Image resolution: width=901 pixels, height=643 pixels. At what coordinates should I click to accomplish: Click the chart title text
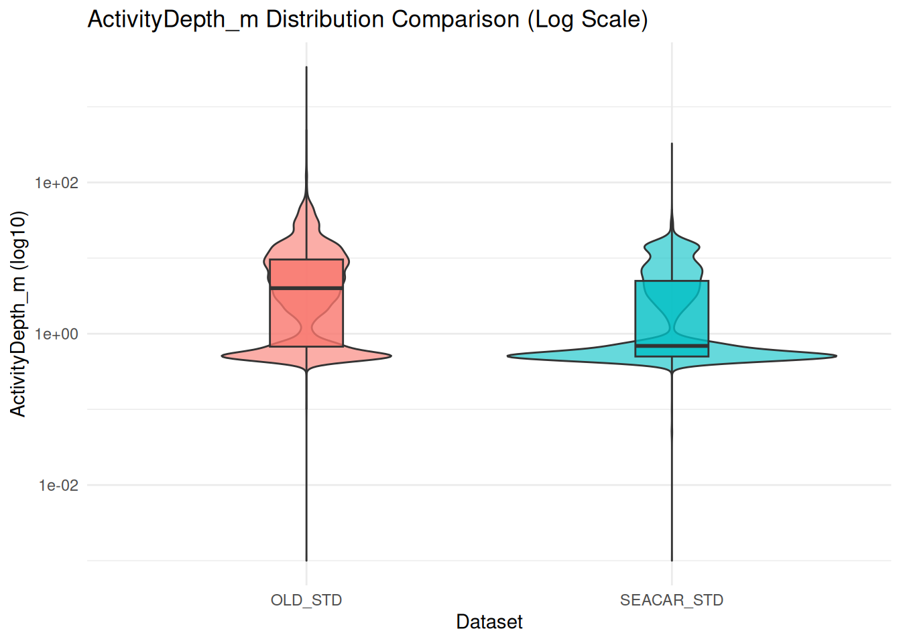pyautogui.click(x=367, y=19)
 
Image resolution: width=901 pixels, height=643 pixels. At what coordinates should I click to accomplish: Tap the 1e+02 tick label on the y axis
pyautogui.click(x=57, y=183)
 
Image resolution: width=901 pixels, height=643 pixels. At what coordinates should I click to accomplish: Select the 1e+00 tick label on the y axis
pyautogui.click(x=57, y=334)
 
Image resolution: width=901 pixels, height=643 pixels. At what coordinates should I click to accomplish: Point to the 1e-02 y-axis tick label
pyautogui.click(x=58, y=486)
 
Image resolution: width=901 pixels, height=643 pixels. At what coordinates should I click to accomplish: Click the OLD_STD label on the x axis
pyautogui.click(x=306, y=600)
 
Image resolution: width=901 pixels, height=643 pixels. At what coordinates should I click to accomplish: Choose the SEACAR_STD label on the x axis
pyautogui.click(x=672, y=600)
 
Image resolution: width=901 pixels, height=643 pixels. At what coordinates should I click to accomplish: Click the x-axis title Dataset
pyautogui.click(x=489, y=622)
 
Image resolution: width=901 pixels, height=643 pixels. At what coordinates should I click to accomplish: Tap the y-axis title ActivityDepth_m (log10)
pyautogui.click(x=18, y=314)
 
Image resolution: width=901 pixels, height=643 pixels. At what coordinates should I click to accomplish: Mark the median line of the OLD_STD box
pyautogui.click(x=306, y=288)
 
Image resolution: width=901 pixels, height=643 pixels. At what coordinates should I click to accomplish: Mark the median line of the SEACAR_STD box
pyautogui.click(x=672, y=346)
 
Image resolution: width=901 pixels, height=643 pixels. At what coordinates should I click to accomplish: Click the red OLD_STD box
pyautogui.click(x=306, y=315)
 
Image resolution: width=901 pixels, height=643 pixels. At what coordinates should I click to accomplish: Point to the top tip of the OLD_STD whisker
pyautogui.click(x=306, y=67)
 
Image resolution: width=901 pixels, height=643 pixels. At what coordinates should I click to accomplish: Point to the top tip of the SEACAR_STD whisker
pyautogui.click(x=672, y=143)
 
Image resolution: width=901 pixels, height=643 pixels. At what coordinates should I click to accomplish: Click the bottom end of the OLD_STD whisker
pyautogui.click(x=306, y=560)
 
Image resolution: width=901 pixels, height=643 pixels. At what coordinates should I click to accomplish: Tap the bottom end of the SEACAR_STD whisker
pyautogui.click(x=672, y=560)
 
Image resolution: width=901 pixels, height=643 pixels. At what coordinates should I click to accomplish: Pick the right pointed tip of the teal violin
pyautogui.click(x=835, y=356)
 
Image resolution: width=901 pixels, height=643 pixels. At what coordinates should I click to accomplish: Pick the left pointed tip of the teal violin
pyautogui.click(x=509, y=356)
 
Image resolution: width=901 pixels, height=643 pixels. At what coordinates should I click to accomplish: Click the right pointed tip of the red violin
pyautogui.click(x=390, y=356)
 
